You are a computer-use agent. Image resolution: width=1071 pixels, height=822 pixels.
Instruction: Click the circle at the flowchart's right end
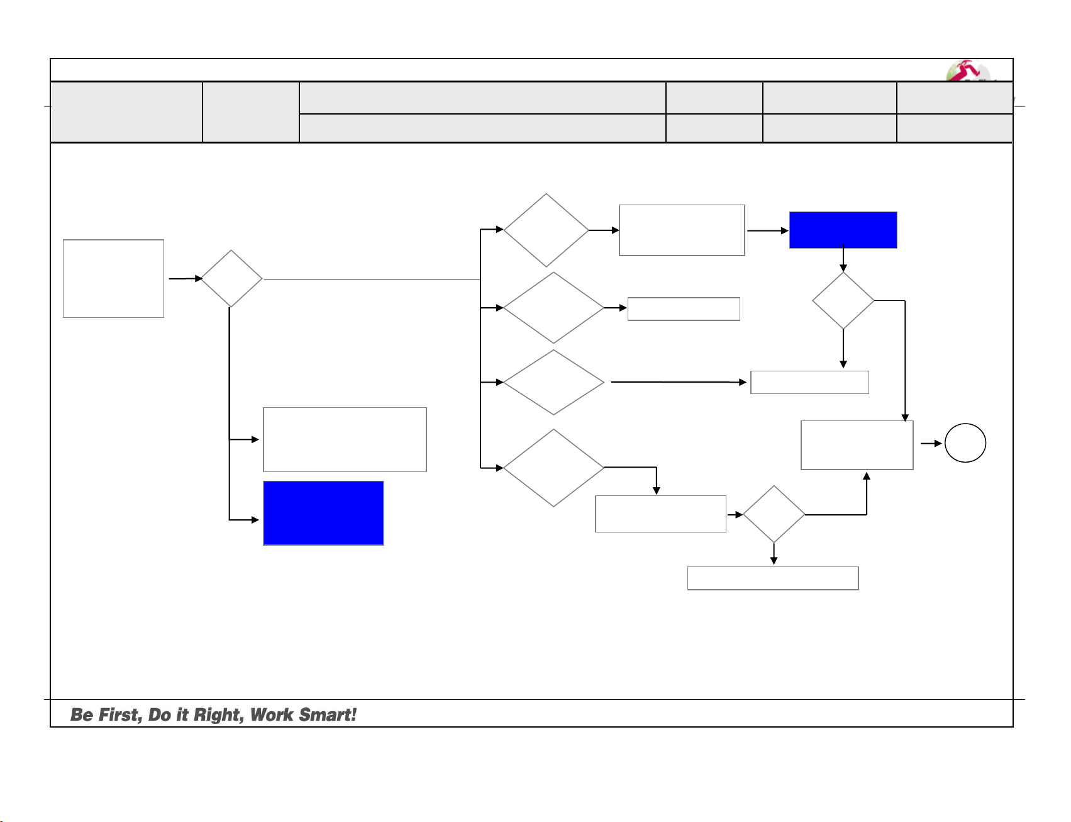pos(965,443)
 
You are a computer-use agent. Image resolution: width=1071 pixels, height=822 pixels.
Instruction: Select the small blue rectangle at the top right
pos(843,230)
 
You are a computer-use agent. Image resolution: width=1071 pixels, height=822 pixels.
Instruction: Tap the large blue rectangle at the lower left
pos(323,513)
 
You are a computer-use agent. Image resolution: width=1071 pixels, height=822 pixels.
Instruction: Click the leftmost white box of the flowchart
pos(113,278)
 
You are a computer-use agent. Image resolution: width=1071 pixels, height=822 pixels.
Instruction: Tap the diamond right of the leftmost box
pos(231,278)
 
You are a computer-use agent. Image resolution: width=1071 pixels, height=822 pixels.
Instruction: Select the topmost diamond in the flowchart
pos(546,230)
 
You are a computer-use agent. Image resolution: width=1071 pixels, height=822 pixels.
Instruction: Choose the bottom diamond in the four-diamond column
pos(553,468)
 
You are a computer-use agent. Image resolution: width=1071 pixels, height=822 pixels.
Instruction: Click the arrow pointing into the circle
pos(931,444)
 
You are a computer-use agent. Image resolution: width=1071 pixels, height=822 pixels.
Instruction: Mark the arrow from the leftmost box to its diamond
pos(184,278)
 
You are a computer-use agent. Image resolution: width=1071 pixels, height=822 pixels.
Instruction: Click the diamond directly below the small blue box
pos(843,300)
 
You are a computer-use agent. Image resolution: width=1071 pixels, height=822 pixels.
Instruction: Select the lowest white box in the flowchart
pos(773,578)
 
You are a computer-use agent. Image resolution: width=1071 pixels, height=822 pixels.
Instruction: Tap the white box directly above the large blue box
pos(345,439)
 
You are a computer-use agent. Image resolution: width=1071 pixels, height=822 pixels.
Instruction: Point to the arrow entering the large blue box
pos(245,520)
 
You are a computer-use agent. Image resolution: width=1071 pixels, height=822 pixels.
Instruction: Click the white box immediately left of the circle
pos(857,445)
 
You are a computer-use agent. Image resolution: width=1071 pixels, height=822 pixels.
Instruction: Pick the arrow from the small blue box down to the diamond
pos(843,259)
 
